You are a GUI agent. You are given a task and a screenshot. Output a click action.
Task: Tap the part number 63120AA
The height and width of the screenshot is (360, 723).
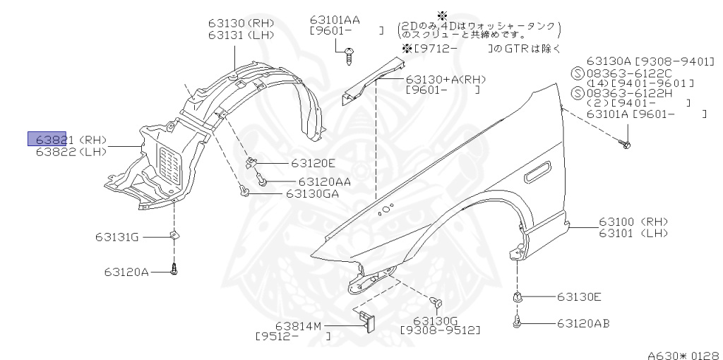[x=324, y=181]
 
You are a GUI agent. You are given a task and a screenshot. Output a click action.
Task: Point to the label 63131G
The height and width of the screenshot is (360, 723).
[x=118, y=237]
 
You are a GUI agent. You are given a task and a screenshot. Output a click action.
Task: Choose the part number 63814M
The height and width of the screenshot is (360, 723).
[x=298, y=325]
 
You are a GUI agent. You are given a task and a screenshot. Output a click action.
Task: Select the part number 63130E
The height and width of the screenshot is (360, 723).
[x=579, y=297]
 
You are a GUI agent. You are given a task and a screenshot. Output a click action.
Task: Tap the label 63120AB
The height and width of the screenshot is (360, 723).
[x=582, y=323]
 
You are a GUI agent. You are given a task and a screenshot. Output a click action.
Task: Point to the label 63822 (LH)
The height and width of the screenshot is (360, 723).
[x=71, y=151]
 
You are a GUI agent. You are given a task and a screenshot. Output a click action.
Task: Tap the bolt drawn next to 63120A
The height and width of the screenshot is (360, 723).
[x=174, y=269]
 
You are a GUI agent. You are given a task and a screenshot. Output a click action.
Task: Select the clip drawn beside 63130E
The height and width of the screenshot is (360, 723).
[x=518, y=298]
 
